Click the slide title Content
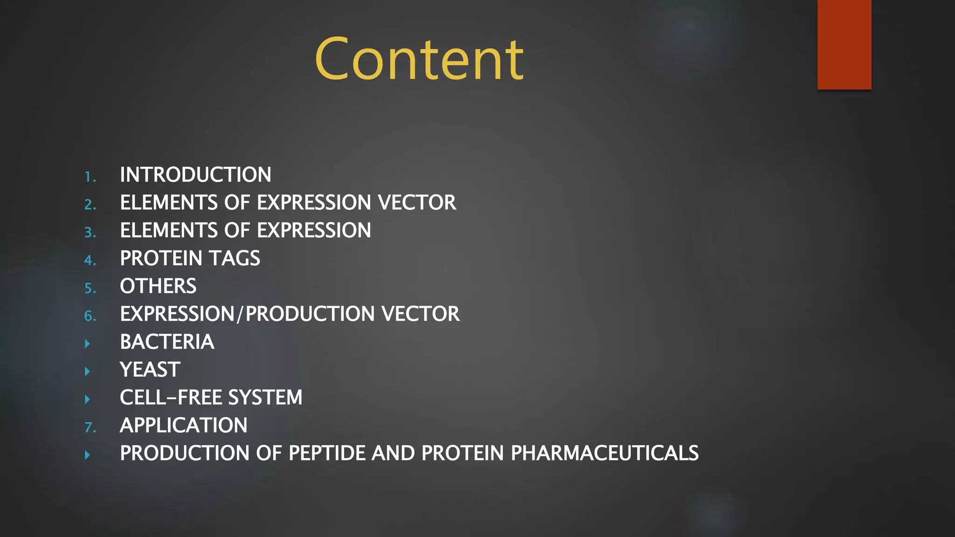419,60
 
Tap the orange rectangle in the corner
844,44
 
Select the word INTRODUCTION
195,175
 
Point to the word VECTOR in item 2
417,203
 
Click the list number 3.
90,233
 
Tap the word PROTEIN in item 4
160,258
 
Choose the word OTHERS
158,286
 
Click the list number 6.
90,316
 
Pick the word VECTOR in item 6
421,314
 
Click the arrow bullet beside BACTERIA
87,344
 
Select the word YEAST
150,370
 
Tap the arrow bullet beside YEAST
87,372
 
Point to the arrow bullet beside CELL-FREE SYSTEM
87,399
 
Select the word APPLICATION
183,425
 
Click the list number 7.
90,427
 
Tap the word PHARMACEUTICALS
604,453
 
